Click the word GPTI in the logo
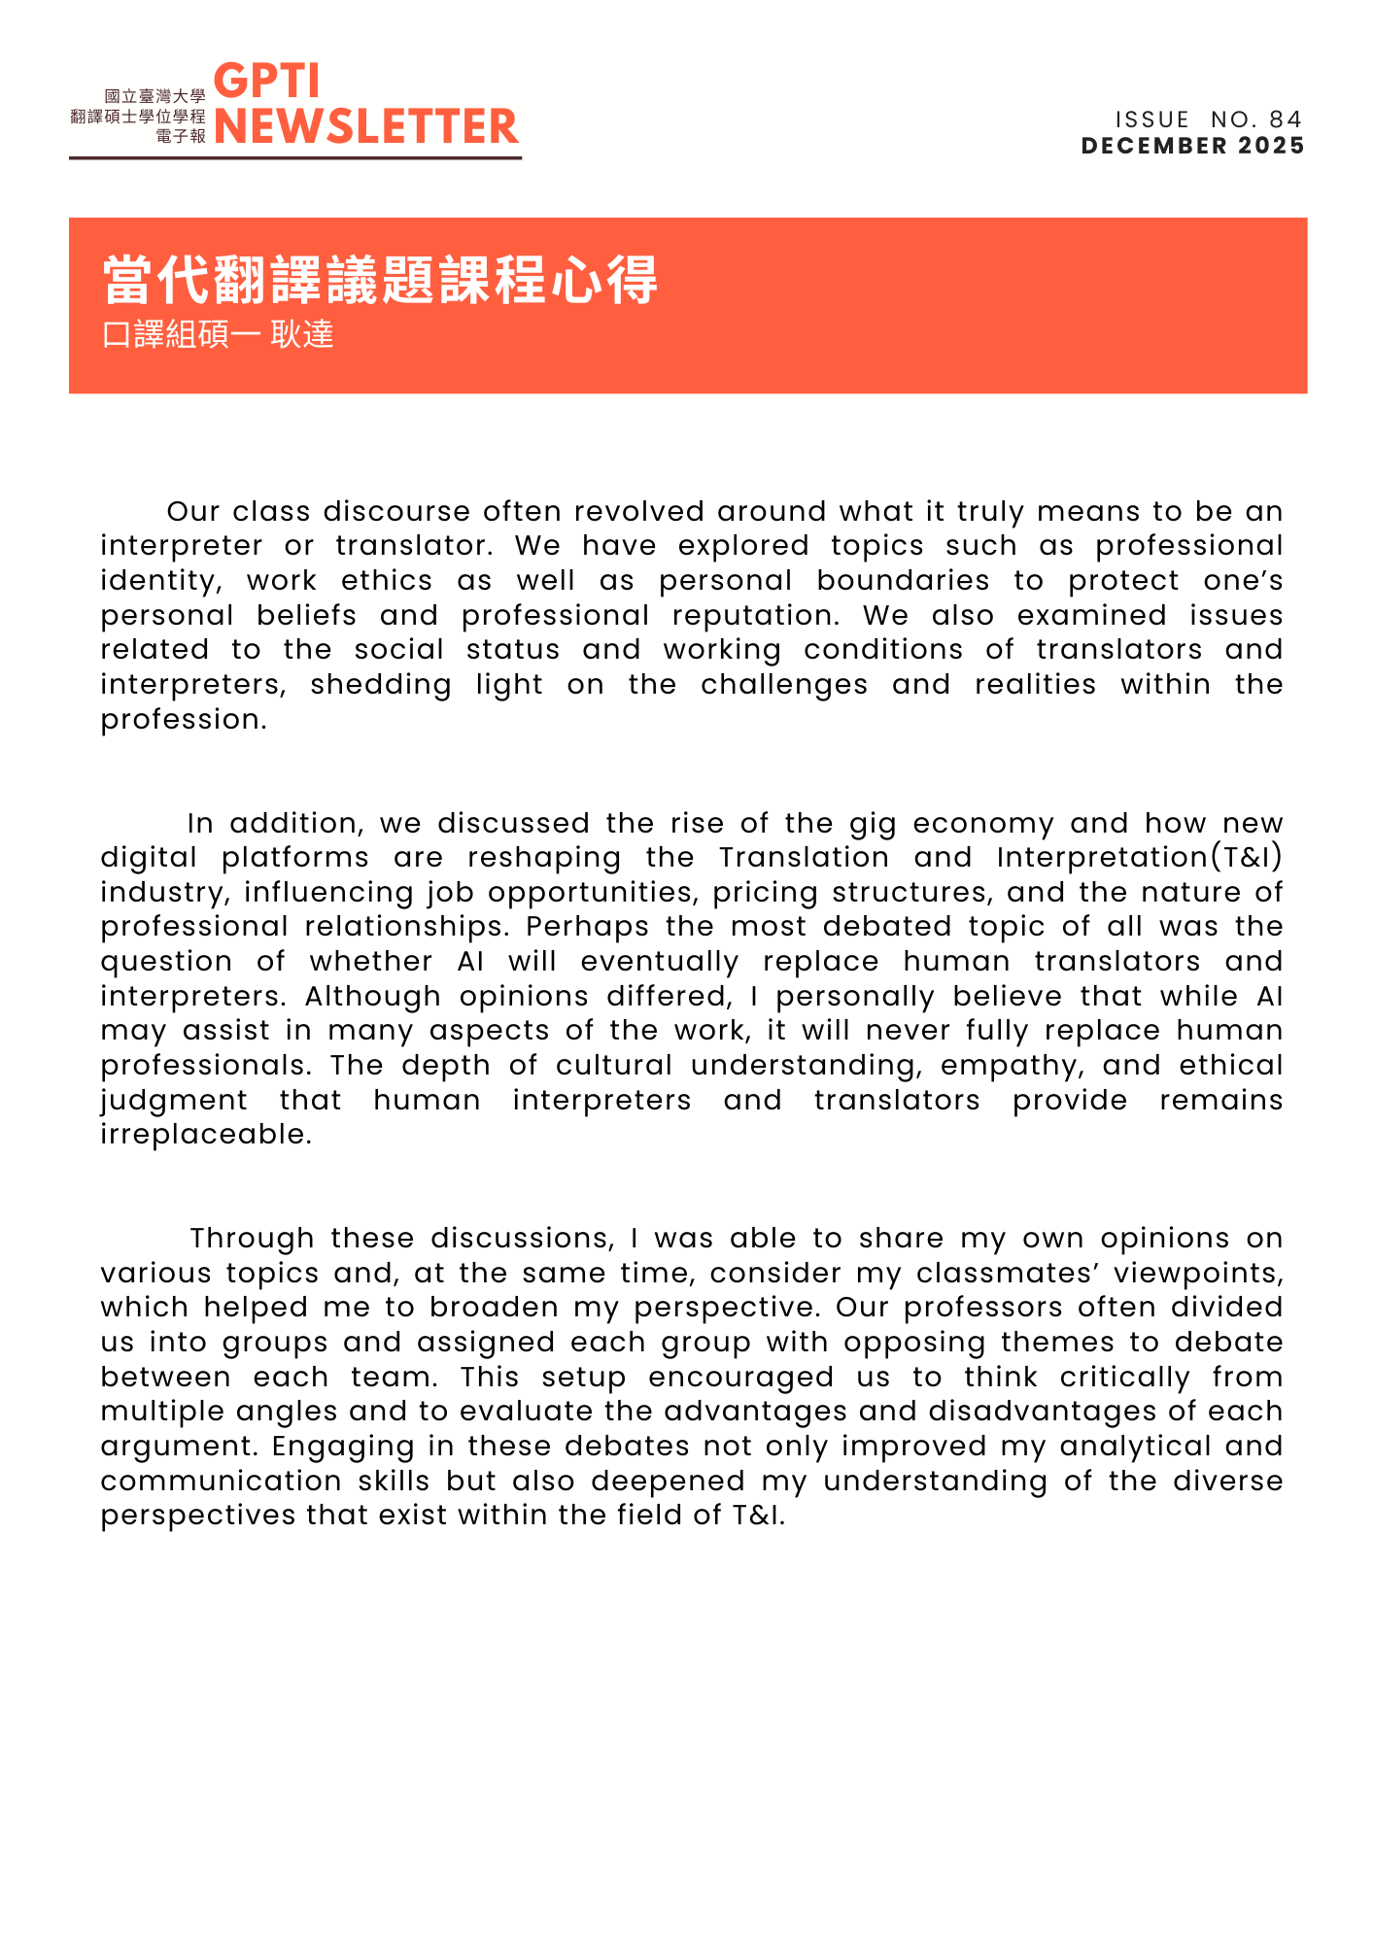click(x=266, y=82)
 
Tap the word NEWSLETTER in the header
click(x=366, y=126)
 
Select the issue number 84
click(x=1285, y=119)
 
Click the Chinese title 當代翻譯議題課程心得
click(x=380, y=281)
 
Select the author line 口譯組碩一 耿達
click(x=218, y=335)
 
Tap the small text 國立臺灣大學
click(x=155, y=96)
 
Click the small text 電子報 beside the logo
click(x=181, y=136)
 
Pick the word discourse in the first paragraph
click(x=397, y=511)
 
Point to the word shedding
click(x=381, y=685)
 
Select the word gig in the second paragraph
click(x=873, y=824)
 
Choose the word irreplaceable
click(x=206, y=1135)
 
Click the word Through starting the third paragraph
click(x=252, y=1239)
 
